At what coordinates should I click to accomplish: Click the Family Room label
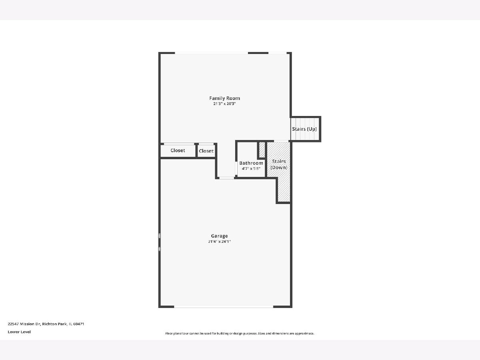(224, 98)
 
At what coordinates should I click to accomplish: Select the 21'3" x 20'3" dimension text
(224, 104)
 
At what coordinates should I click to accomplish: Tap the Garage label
(219, 236)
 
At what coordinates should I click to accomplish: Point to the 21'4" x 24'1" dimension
(219, 242)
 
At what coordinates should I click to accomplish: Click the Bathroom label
(251, 163)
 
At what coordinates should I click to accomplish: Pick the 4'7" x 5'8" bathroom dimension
(251, 168)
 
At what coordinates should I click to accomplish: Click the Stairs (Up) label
(304, 129)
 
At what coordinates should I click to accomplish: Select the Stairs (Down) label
(279, 164)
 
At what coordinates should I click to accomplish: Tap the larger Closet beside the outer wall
(178, 150)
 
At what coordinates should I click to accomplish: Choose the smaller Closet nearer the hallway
(206, 151)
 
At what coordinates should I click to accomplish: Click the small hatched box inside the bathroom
(262, 149)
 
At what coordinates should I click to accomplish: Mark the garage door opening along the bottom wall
(224, 307)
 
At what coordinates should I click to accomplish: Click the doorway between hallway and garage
(226, 178)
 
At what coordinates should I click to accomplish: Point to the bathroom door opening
(236, 168)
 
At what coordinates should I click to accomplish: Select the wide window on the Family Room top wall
(211, 53)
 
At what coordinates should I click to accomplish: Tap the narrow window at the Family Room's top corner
(277, 53)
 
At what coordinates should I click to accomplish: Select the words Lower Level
(19, 332)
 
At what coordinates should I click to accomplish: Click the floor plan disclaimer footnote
(240, 333)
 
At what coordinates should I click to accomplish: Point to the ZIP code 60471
(78, 324)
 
